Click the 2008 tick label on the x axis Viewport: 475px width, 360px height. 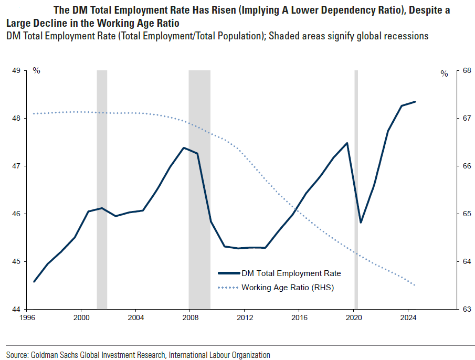click(190, 317)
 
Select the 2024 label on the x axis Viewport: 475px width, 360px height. click(408, 317)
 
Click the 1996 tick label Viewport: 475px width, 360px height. click(27, 317)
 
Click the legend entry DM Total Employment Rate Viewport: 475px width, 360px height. click(291, 273)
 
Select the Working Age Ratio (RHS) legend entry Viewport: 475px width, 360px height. click(288, 288)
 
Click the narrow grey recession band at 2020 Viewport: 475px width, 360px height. click(356, 189)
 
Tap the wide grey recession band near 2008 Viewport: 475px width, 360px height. click(199, 189)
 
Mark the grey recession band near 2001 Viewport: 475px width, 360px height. click(102, 189)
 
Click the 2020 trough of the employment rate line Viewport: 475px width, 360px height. click(361, 223)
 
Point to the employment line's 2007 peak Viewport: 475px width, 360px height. click(183, 147)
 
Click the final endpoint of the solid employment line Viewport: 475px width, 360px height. click(415, 102)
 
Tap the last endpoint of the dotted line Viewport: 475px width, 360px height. click(415, 285)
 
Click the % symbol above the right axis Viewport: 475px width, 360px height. click(444, 74)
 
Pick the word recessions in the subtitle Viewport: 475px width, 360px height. click(410, 36)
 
